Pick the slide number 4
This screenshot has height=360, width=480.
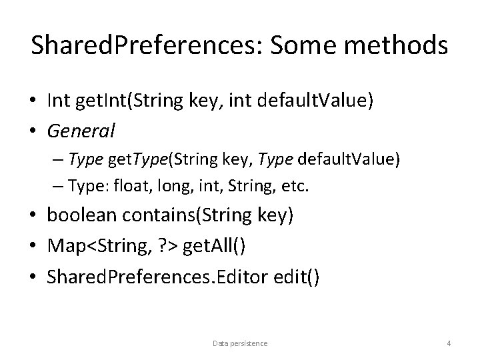[x=449, y=343]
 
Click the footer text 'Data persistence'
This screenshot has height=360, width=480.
[x=240, y=343]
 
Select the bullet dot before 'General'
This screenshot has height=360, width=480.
[x=33, y=131]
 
